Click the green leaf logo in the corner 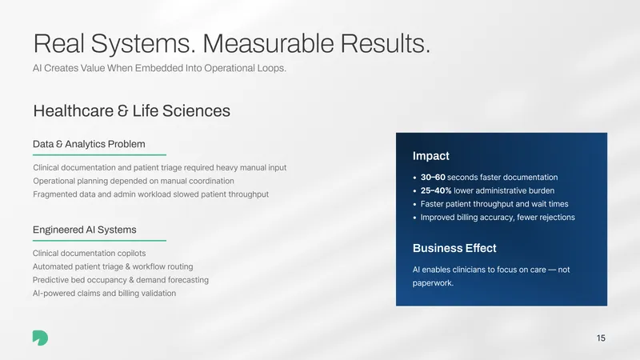click(x=40, y=338)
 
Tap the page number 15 click(x=601, y=338)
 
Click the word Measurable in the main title click(x=268, y=43)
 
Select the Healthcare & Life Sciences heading click(x=131, y=111)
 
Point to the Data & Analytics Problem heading click(x=89, y=144)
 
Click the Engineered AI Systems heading click(x=85, y=230)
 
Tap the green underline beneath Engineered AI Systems click(x=99, y=241)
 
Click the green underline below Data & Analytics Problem click(x=99, y=154)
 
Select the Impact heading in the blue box click(x=430, y=156)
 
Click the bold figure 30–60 click(x=433, y=177)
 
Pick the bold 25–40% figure click(x=436, y=190)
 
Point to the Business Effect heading click(x=454, y=248)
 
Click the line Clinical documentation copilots click(x=89, y=254)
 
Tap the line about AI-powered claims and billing click(x=104, y=294)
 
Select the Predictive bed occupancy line click(x=121, y=280)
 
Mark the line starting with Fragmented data click(x=150, y=194)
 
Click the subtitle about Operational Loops click(x=159, y=68)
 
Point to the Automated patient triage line click(x=113, y=267)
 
